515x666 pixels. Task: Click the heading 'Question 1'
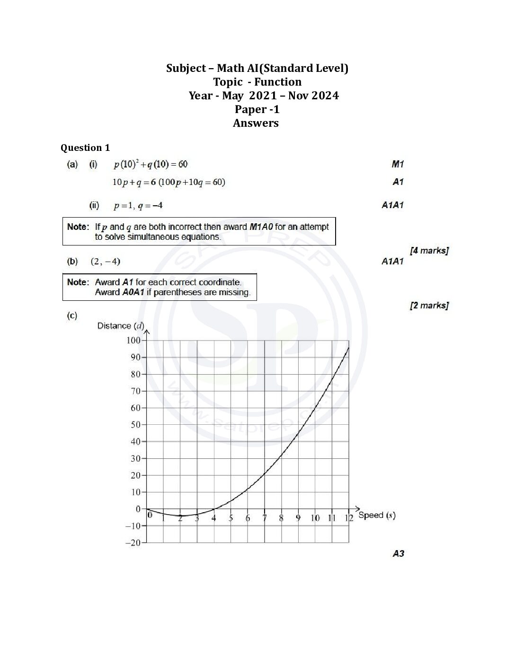coord(85,148)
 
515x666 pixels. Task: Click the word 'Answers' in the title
coord(256,123)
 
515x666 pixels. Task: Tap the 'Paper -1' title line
coord(257,109)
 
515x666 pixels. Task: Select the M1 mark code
coord(398,164)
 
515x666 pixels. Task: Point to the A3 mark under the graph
coord(398,553)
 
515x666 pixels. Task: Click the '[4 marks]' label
coord(429,250)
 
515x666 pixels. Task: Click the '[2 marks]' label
coord(429,305)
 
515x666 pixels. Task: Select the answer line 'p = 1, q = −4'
coord(138,206)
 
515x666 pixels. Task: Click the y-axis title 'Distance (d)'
coord(120,325)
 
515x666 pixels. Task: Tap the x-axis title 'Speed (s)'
coord(377,515)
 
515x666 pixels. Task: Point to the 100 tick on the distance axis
coord(133,340)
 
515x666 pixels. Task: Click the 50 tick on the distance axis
coord(135,424)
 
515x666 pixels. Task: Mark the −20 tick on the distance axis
coord(133,543)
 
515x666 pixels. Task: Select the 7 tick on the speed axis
coord(265,518)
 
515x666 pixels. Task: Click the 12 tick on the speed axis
coord(349,518)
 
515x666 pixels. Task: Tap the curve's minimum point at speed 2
coord(180,516)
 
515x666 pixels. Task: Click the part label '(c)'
coord(72,315)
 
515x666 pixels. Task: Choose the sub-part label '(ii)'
coord(94,205)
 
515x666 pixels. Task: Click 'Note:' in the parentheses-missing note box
coord(78,282)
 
